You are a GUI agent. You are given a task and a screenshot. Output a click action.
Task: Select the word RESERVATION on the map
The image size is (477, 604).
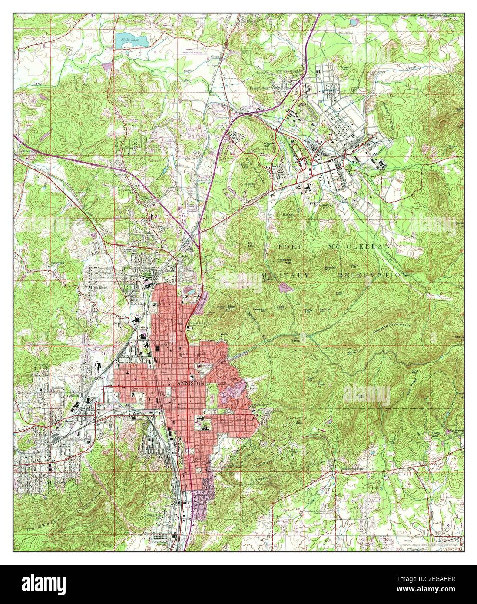point(373,275)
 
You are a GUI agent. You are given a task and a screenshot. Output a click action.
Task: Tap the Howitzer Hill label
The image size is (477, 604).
point(325,206)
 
